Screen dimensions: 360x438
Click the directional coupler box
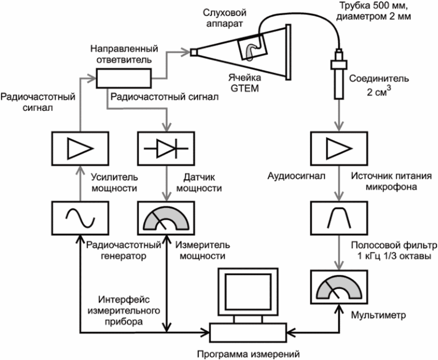point(124,78)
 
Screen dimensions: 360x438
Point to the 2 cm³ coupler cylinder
point(338,78)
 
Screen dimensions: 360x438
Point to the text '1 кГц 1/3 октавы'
point(387,256)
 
